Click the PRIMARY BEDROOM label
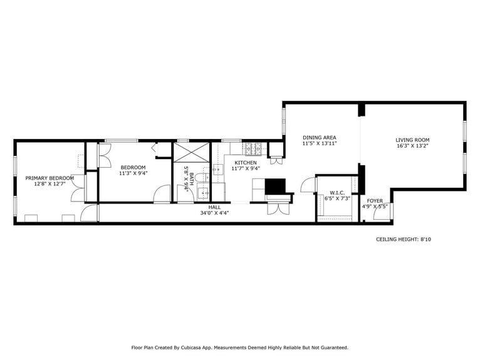(x=50, y=178)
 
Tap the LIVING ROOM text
(x=412, y=140)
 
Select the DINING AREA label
(x=320, y=137)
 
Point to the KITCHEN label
(x=246, y=162)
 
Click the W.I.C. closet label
(x=337, y=192)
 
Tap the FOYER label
(x=375, y=200)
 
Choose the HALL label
(x=215, y=207)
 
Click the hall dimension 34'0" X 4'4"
(x=215, y=213)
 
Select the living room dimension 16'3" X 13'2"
(x=412, y=146)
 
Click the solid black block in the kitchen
(x=275, y=186)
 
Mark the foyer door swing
(x=380, y=213)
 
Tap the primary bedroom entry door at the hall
(x=89, y=213)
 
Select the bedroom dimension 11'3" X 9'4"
(x=133, y=173)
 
